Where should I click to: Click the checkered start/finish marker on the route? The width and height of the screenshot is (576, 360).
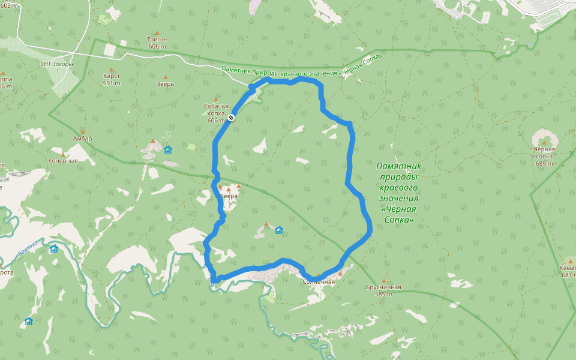(231, 118)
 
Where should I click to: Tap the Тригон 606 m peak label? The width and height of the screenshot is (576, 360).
(157, 43)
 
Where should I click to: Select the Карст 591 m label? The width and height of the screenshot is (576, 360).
(112, 80)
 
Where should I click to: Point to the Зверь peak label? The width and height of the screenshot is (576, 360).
(165, 84)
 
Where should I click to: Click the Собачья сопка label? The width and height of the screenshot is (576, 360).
(216, 113)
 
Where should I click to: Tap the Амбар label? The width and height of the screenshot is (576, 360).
(82, 139)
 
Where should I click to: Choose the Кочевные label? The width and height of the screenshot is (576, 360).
(63, 161)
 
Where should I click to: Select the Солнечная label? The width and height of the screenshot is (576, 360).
(319, 282)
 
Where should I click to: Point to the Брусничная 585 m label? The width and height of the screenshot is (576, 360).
(383, 290)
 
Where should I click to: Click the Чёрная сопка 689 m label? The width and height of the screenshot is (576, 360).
(544, 156)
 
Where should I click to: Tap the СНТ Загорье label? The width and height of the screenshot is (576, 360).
(58, 67)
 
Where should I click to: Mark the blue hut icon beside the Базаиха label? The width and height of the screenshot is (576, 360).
(53, 249)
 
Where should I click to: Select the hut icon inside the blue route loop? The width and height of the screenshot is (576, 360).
(278, 230)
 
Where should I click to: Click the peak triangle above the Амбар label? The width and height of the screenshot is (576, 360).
(82, 131)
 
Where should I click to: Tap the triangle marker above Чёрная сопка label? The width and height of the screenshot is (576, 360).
(544, 142)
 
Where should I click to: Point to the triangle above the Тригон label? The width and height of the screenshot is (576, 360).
(157, 33)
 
